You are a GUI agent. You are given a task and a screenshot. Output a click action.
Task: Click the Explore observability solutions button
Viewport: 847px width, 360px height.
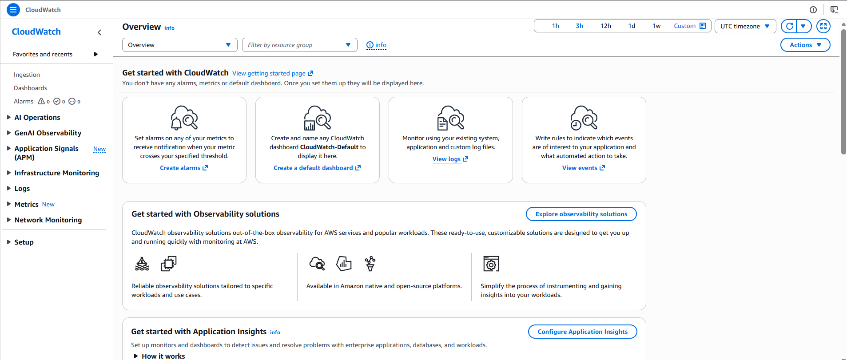tap(581, 214)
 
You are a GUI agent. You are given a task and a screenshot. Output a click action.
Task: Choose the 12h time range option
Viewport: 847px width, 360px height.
tap(605, 26)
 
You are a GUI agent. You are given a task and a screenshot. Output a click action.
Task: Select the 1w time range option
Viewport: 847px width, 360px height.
tap(656, 26)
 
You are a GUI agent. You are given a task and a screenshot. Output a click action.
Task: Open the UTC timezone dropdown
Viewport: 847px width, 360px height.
tap(745, 26)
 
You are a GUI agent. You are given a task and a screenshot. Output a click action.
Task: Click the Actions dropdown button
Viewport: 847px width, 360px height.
tap(805, 45)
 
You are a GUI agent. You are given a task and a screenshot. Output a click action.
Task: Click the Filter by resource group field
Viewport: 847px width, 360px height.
tap(299, 45)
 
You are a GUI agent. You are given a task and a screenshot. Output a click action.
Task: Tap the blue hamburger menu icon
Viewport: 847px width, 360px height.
tap(13, 9)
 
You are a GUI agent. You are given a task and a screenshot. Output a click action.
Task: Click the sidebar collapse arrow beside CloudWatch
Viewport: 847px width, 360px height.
tap(99, 32)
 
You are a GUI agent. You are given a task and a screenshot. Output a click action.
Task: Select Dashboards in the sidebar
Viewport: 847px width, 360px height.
tap(30, 88)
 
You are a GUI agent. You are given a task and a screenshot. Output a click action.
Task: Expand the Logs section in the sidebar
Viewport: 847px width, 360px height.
tap(22, 189)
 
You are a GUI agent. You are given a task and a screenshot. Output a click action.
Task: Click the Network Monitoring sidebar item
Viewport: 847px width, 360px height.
tap(48, 220)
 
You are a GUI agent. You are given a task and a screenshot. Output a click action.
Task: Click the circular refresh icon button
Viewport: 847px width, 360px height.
tap(789, 26)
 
